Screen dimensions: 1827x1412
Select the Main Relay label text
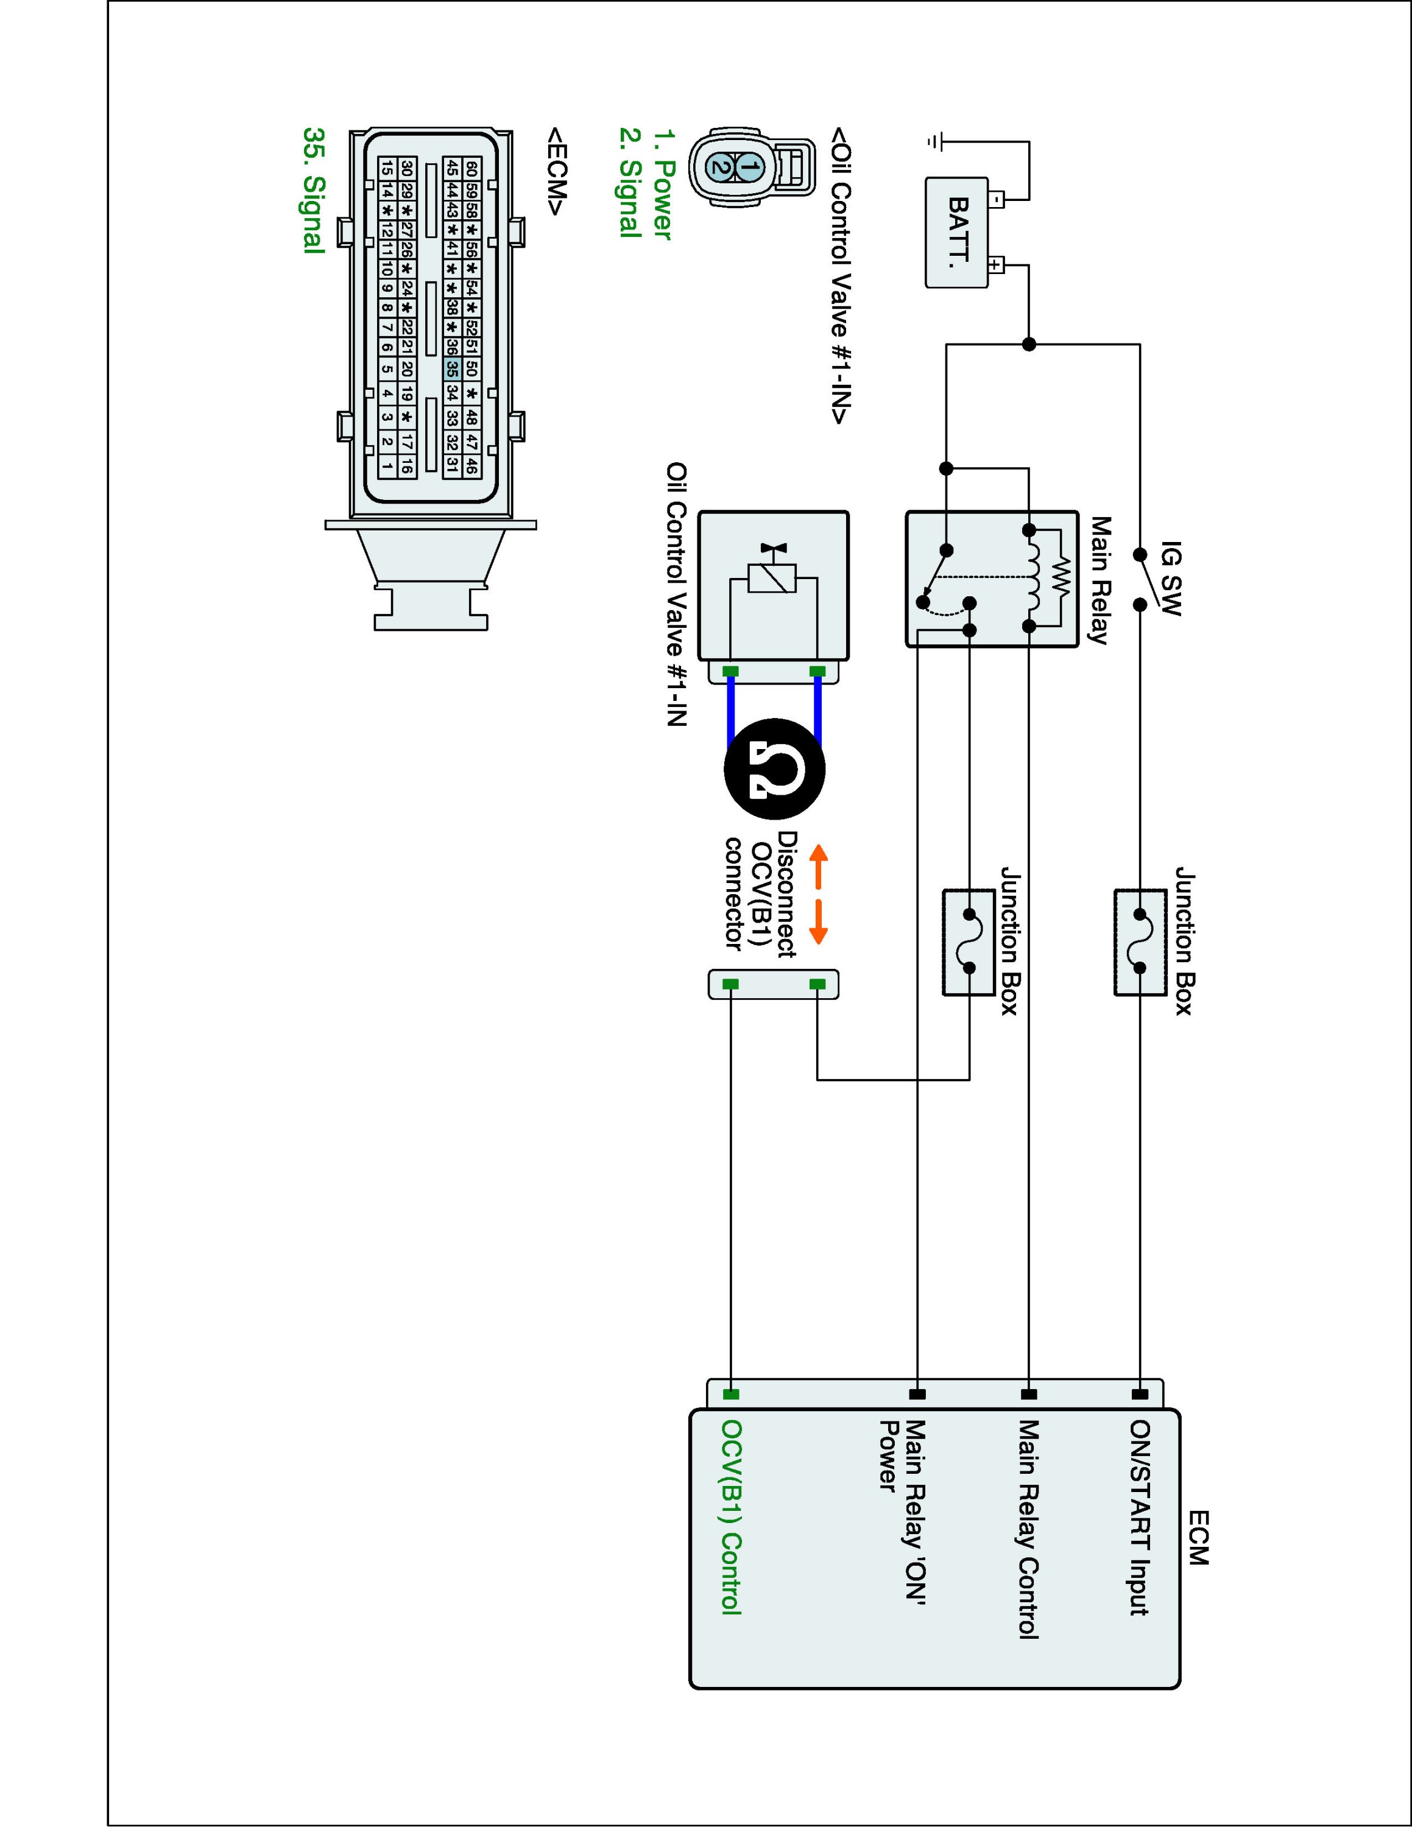point(1100,580)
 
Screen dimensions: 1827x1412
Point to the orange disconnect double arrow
point(818,894)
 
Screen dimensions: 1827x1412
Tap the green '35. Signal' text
point(314,190)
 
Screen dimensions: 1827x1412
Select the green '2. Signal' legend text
point(630,182)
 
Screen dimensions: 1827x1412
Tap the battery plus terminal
point(995,266)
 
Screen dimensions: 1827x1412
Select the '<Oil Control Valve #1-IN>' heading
point(841,276)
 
